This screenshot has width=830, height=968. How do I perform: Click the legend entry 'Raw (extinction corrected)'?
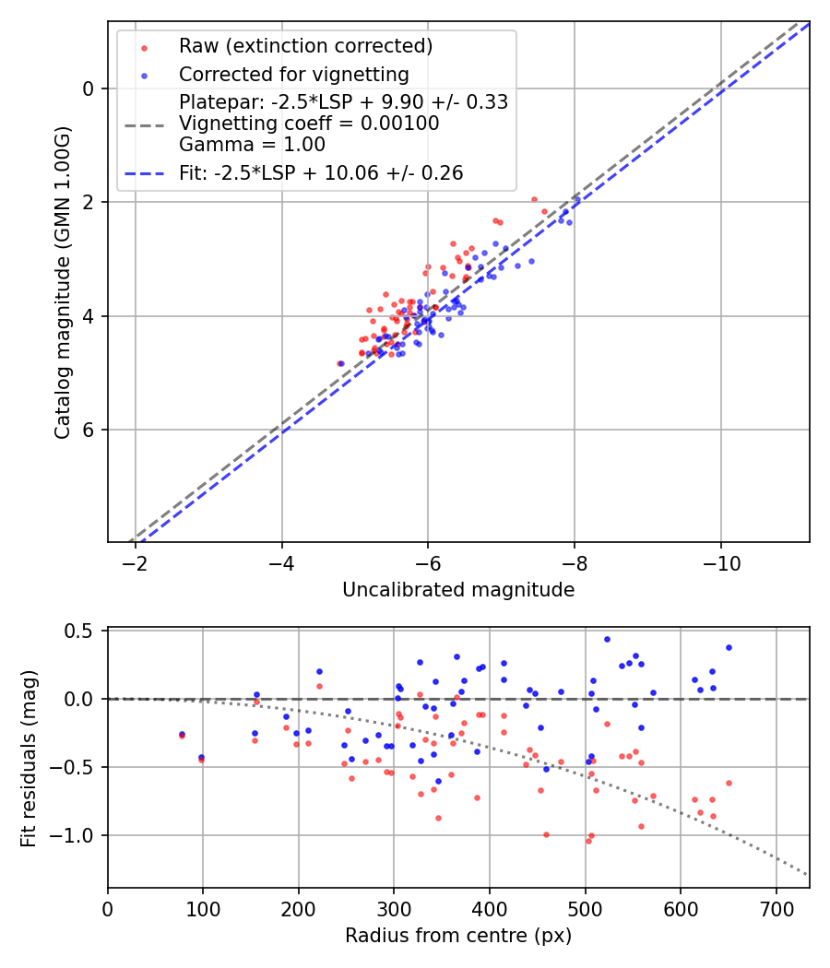pyautogui.click(x=306, y=46)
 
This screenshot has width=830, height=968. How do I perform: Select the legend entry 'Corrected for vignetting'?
pyautogui.click(x=293, y=74)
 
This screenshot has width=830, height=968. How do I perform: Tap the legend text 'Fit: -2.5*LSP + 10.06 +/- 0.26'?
pyautogui.click(x=321, y=172)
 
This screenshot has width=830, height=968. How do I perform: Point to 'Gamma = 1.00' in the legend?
pyautogui.click(x=252, y=144)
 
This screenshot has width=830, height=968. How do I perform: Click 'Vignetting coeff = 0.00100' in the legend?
pyautogui.click(x=309, y=123)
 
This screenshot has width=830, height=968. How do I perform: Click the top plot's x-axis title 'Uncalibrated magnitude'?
pyautogui.click(x=458, y=590)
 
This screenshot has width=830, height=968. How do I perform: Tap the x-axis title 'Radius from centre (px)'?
pyautogui.click(x=458, y=936)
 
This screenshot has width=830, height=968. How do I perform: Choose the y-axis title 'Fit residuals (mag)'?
pyautogui.click(x=29, y=758)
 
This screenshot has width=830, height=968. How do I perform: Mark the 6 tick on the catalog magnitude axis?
pyautogui.click(x=89, y=430)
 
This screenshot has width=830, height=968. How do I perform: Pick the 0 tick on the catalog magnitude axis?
pyautogui.click(x=89, y=89)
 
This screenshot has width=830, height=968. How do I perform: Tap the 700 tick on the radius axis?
pyautogui.click(x=776, y=909)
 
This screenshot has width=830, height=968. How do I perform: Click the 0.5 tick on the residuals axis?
pyautogui.click(x=82, y=631)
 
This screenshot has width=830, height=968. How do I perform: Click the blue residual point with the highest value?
pyautogui.click(x=607, y=639)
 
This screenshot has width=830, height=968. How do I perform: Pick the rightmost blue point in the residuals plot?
pyautogui.click(x=729, y=647)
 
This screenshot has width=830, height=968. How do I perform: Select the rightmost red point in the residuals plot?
pyautogui.click(x=729, y=783)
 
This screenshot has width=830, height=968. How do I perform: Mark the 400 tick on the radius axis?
pyautogui.click(x=490, y=909)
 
